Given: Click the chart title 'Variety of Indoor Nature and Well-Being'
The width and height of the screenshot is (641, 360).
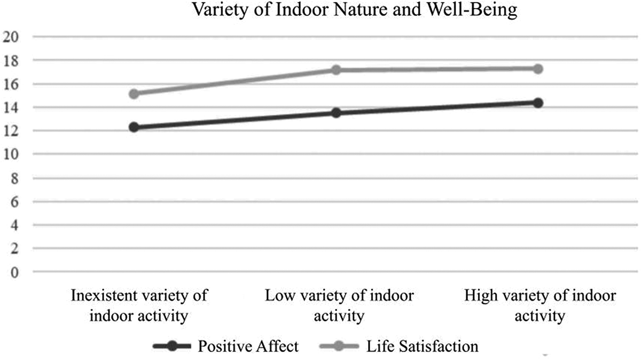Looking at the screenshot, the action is (x=355, y=9).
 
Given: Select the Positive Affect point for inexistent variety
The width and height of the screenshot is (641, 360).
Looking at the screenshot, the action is (x=134, y=127).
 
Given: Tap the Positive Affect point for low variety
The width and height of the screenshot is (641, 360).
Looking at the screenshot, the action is (x=336, y=113).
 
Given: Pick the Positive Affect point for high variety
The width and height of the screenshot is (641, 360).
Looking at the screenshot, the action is (x=538, y=103).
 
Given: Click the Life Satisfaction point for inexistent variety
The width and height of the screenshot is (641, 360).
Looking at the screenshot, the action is (x=134, y=93).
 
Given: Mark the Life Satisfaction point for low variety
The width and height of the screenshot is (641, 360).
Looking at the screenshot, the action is (x=336, y=70).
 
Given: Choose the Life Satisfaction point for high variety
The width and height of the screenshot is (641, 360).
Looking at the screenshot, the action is (x=538, y=69).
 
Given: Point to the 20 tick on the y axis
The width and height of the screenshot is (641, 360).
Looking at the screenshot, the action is (x=11, y=37).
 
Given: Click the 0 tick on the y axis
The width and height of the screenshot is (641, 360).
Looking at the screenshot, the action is (x=14, y=272).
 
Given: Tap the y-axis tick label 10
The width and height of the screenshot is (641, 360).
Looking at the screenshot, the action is (x=11, y=154).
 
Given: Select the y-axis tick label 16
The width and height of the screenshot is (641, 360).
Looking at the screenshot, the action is (x=11, y=84).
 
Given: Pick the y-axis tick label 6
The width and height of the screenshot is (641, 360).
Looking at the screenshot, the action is (x=14, y=202).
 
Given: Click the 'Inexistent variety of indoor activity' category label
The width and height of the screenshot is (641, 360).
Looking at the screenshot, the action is (x=139, y=306).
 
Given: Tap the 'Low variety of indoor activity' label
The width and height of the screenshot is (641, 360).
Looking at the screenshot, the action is (x=339, y=306).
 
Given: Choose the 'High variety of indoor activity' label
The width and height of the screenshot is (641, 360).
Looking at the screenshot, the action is (x=540, y=306).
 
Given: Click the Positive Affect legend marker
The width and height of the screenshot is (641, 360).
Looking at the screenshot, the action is (x=172, y=346).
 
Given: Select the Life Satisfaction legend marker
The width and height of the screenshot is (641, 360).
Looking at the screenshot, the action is (x=339, y=346).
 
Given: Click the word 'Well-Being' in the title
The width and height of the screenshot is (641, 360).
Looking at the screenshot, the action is (x=472, y=10).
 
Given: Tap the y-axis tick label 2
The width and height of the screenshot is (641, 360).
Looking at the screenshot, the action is (x=14, y=249).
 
